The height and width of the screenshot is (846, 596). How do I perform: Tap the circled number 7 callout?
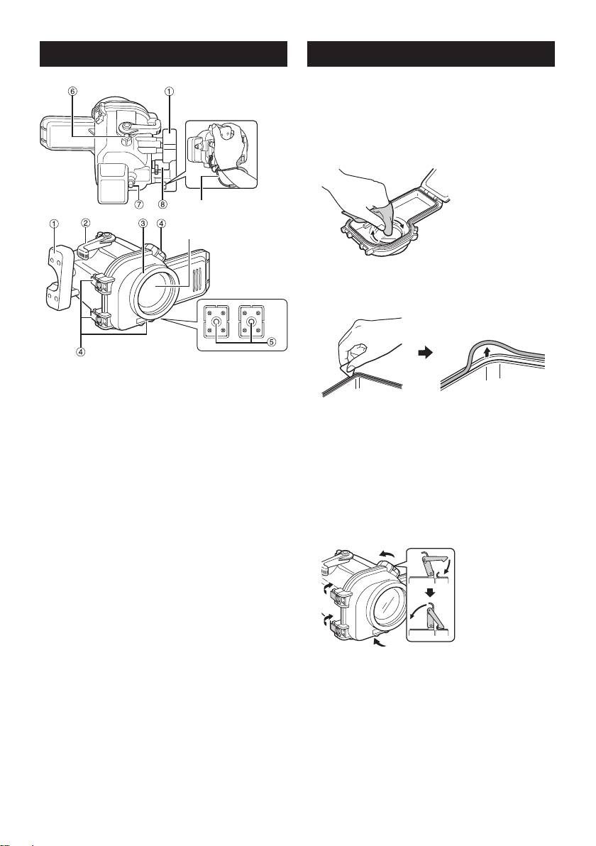point(139,194)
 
